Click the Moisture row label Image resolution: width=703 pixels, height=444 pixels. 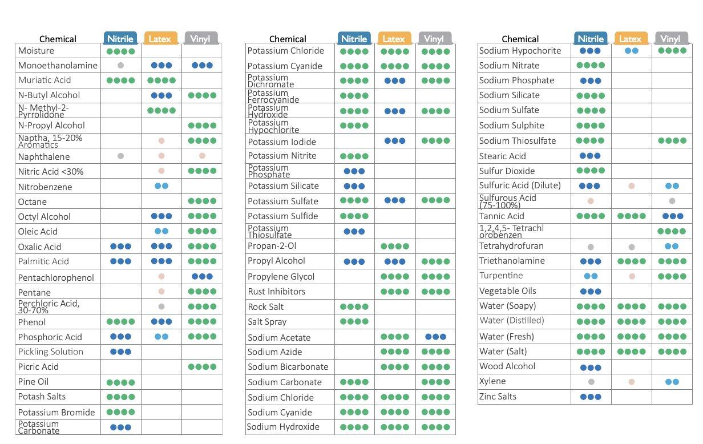(x=36, y=51)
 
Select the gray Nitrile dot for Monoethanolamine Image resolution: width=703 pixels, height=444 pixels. (x=120, y=66)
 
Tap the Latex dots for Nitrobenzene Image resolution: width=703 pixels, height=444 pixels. (x=161, y=186)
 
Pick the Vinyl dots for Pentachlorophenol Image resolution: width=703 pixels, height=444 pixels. (x=202, y=277)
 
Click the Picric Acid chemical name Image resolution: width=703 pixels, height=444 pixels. (x=38, y=366)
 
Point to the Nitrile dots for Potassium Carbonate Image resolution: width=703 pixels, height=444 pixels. (x=120, y=427)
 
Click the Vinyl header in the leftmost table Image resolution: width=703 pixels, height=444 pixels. (x=200, y=39)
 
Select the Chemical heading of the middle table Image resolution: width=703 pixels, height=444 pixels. (x=288, y=39)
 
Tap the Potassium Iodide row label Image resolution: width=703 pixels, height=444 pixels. (x=282, y=142)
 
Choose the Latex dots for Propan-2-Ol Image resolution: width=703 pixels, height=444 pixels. (x=395, y=246)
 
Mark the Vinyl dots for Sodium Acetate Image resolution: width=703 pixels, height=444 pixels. (x=435, y=337)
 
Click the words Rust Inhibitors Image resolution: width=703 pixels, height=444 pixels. (x=276, y=291)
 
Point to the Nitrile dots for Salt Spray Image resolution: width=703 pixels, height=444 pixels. (x=354, y=322)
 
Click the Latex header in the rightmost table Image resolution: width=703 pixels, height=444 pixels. (x=631, y=39)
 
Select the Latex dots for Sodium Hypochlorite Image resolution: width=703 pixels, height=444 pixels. (x=631, y=51)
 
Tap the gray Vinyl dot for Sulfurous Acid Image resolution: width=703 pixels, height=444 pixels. (x=672, y=201)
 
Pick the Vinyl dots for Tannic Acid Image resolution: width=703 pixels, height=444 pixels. (x=672, y=216)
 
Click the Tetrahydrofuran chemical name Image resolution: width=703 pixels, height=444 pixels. (x=511, y=246)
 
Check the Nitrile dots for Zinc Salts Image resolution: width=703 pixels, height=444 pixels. (x=590, y=397)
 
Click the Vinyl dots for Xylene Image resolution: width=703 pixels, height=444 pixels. (x=672, y=382)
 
